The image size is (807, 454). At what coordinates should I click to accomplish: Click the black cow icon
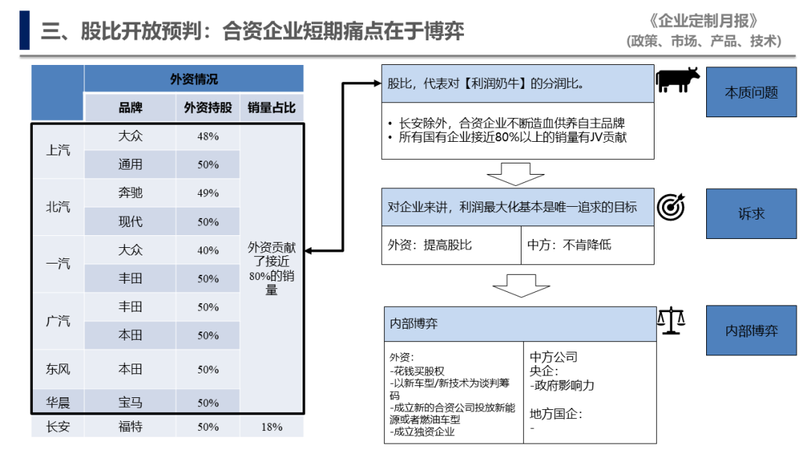point(677,80)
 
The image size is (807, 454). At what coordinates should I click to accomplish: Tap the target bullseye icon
point(671,207)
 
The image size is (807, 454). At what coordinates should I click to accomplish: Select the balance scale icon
point(671,321)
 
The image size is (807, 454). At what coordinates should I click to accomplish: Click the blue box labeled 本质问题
point(751,92)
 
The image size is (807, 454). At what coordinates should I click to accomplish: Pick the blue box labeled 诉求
point(751,214)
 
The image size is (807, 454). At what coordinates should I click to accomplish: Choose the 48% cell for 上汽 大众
point(208,136)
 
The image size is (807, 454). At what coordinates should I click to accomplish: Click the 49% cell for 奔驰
point(208,193)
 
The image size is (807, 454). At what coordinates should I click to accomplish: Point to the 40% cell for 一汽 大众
point(208,250)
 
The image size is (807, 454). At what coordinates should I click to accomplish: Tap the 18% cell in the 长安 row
point(272,427)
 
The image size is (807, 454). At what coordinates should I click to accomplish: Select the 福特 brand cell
point(130,427)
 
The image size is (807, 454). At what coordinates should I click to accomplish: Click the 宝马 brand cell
point(130,402)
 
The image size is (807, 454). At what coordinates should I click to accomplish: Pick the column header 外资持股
point(208,108)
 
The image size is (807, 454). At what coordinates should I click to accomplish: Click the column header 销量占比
point(272,108)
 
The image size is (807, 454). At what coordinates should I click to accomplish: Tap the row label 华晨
point(58,402)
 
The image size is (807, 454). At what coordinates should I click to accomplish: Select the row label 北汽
point(58,207)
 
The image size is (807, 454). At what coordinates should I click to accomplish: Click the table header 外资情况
point(194,78)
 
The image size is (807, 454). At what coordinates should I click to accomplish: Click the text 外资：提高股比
point(430,245)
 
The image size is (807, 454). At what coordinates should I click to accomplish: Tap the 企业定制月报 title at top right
point(704,21)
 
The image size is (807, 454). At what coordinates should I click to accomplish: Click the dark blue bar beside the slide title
point(24,31)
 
